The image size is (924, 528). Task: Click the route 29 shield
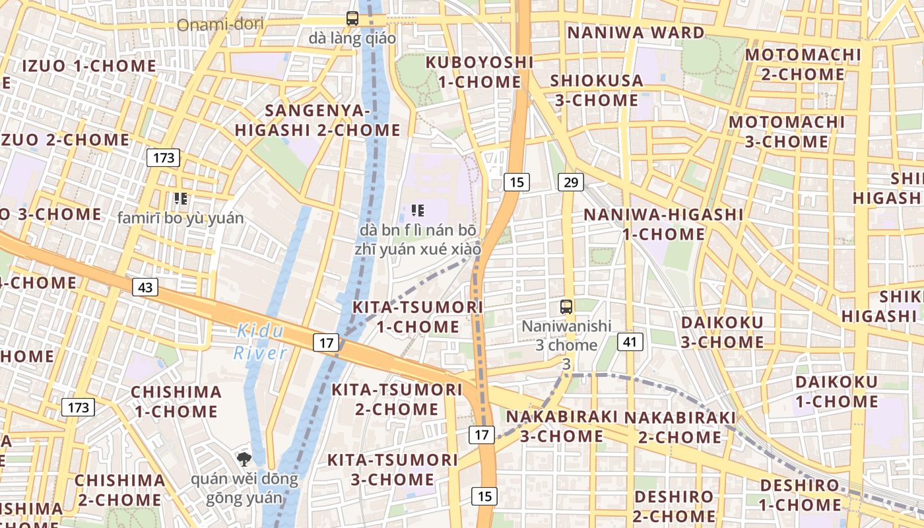pos(570,182)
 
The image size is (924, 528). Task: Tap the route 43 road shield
pos(145,287)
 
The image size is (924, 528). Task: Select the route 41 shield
pos(630,341)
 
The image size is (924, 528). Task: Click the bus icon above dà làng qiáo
pos(352,18)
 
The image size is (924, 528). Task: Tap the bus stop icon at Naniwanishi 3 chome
pos(566,306)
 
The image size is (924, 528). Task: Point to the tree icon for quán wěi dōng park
pos(244,459)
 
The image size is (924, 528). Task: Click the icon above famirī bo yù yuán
pos(180,198)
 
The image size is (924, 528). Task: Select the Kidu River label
pos(260,341)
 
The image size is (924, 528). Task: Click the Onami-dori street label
pos(220,25)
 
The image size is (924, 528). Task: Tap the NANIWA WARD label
pos(636,32)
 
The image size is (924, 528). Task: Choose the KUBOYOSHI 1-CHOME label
pos(479,72)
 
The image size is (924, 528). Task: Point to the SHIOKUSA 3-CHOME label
pos(597,90)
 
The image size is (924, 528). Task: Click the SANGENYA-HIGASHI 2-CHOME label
pos(317,120)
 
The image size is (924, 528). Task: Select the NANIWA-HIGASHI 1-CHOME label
pos(663,224)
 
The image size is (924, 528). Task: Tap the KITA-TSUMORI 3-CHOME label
pos(393,469)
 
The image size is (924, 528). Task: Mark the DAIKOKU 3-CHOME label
pos(722,332)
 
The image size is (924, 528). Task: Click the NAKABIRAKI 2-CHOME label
pos(680,427)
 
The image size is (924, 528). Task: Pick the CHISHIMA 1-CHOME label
pos(176,401)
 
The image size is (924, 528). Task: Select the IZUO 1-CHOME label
pos(89,66)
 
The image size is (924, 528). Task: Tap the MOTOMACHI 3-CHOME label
pos(787,132)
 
